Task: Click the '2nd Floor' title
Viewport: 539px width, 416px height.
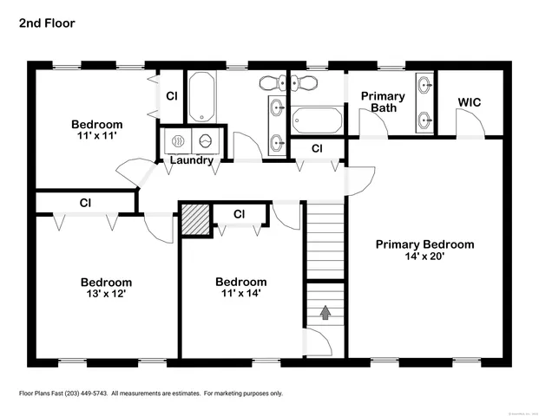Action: [47, 23]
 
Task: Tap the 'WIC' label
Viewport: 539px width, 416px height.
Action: [469, 102]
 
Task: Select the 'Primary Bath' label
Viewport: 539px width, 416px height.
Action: [383, 102]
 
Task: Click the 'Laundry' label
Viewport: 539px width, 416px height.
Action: [192, 160]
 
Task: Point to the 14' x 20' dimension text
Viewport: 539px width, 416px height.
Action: [424, 257]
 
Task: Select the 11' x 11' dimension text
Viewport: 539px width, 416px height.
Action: [96, 136]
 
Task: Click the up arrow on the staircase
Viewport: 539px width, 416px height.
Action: [325, 313]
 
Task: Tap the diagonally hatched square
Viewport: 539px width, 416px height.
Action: [194, 218]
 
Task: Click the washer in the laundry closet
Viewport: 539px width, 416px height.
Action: [176, 140]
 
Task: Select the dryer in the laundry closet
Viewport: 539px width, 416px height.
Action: [207, 140]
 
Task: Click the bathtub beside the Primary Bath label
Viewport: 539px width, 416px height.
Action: [317, 120]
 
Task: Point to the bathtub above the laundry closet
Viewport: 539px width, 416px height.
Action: [201, 97]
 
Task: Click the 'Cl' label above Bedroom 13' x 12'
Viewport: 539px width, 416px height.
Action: [85, 204]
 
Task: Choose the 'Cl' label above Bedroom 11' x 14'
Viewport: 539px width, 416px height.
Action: [239, 214]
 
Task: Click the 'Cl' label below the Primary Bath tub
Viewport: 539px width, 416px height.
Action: [317, 149]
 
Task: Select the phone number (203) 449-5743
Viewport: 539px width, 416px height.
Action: [85, 393]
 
